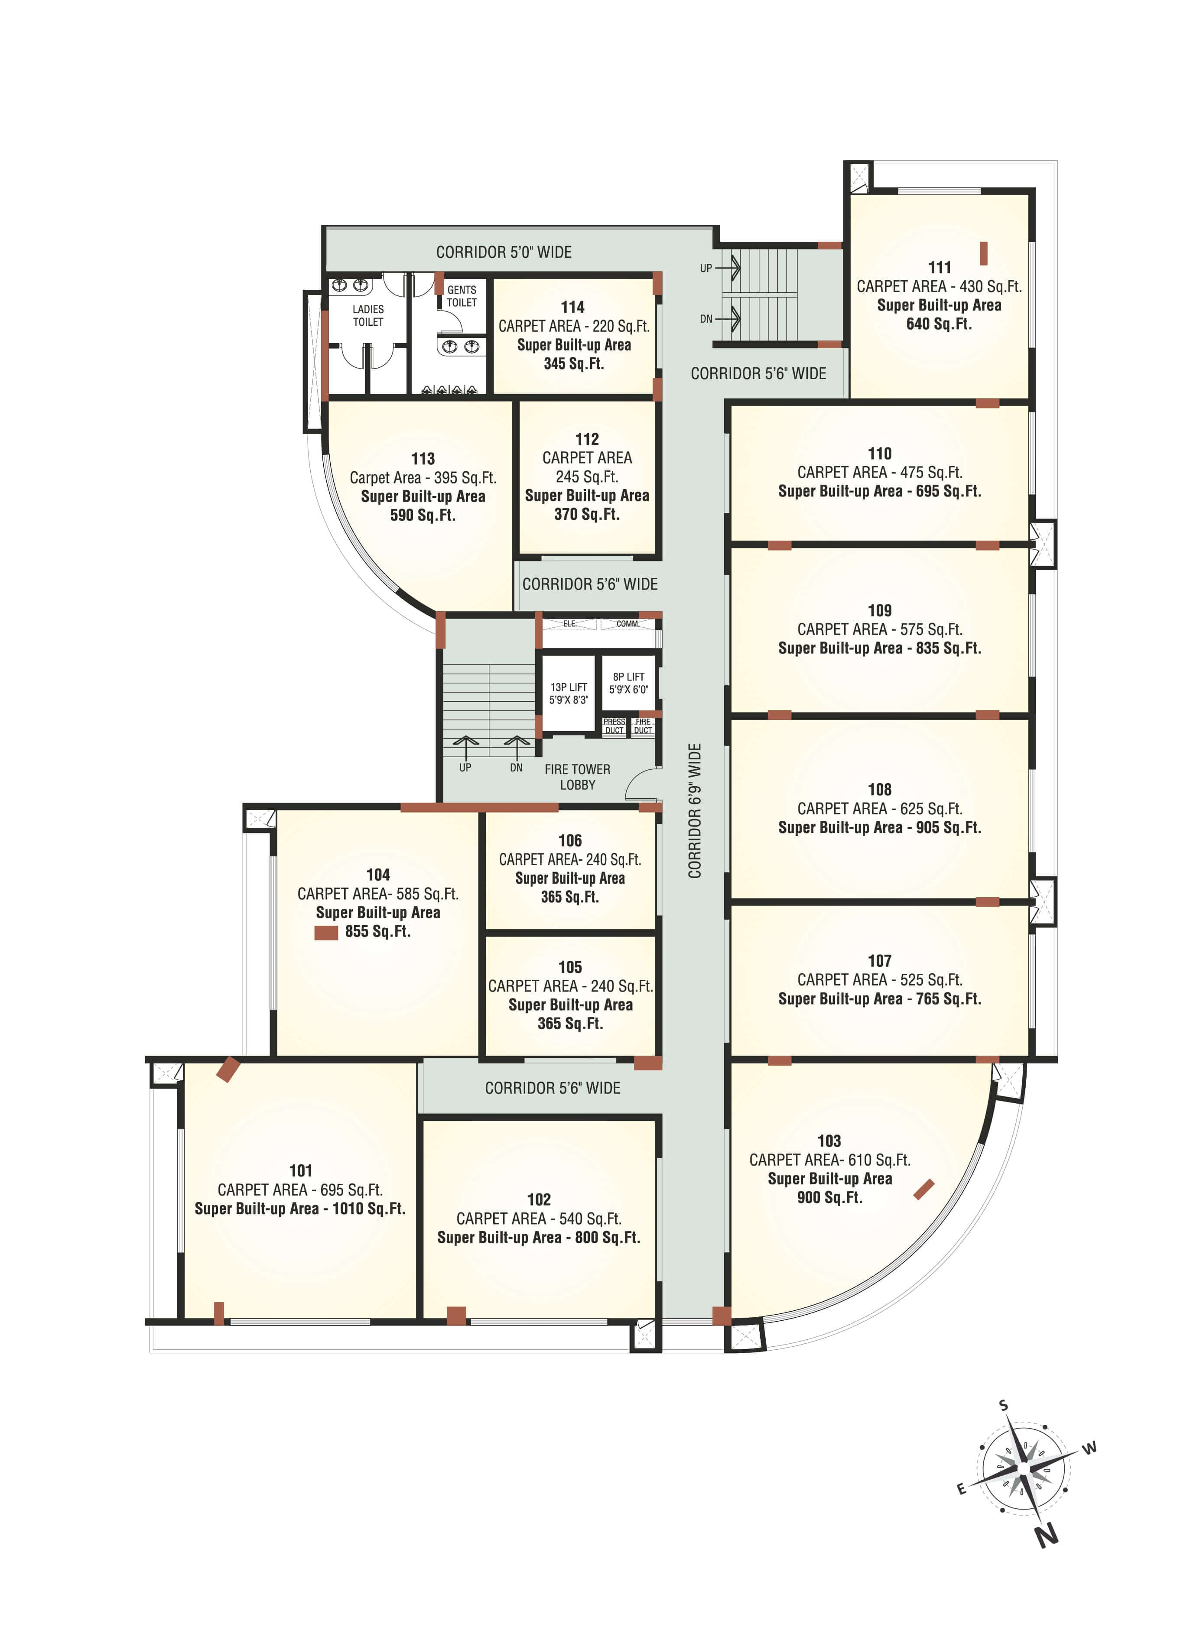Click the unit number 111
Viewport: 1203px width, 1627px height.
(x=940, y=267)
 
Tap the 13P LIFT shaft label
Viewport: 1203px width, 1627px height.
(x=569, y=693)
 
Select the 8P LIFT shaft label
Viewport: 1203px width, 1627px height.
(x=628, y=683)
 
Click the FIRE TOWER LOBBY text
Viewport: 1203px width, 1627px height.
(x=578, y=777)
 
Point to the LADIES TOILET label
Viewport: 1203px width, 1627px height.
(x=368, y=315)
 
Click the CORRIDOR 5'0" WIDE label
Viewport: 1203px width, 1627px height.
(x=504, y=252)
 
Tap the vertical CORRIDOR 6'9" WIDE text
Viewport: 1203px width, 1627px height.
(x=695, y=810)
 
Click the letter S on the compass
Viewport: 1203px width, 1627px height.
(x=1004, y=1404)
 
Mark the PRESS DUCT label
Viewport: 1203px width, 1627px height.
(x=614, y=726)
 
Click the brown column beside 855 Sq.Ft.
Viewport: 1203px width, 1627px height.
(x=325, y=933)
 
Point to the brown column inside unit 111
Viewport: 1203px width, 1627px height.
(x=983, y=253)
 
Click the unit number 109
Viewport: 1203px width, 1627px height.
(x=880, y=610)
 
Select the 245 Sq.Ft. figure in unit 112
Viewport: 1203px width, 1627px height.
(x=586, y=477)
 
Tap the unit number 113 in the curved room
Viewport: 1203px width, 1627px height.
(x=423, y=459)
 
